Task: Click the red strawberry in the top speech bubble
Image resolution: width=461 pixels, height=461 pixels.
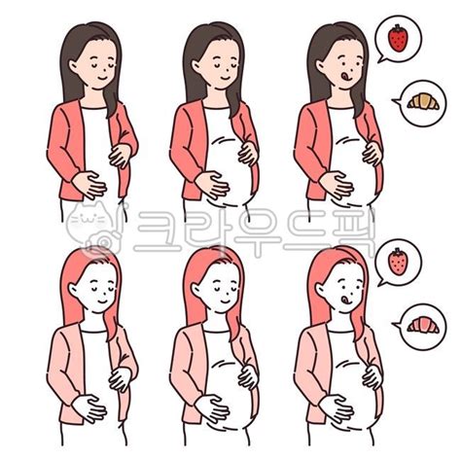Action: point(398,39)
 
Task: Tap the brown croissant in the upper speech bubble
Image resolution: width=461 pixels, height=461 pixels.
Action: point(423,101)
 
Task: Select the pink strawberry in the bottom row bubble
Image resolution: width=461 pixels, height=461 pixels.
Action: point(398,262)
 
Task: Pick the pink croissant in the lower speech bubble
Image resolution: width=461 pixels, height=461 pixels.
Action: point(423,325)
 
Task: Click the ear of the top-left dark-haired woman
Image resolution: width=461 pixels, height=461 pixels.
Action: point(73,66)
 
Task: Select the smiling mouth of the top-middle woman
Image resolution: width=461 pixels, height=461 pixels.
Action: point(225,78)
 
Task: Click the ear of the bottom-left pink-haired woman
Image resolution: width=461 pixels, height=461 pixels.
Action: point(73,291)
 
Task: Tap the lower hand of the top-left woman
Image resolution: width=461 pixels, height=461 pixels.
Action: point(89,185)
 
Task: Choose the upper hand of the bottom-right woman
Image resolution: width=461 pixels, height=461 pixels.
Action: point(372,377)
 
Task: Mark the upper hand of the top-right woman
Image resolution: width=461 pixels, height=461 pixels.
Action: point(372,153)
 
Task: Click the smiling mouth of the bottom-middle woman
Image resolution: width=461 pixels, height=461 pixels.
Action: point(225,302)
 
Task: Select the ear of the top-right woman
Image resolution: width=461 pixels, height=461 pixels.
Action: point(321,66)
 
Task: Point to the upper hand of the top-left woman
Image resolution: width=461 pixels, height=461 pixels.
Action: point(121,156)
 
